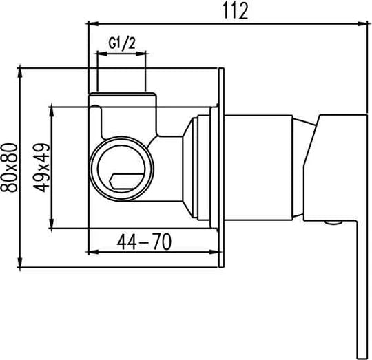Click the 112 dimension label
[x=236, y=11]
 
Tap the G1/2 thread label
[x=122, y=43]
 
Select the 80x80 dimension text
[x=10, y=167]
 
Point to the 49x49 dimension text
[x=41, y=167]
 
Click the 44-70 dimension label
[x=144, y=242]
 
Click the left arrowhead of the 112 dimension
[x=93, y=23]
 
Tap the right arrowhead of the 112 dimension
[x=362, y=23]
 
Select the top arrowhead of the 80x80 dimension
[x=20, y=73]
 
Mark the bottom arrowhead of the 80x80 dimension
[x=20, y=262]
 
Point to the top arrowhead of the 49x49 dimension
[x=52, y=112]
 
